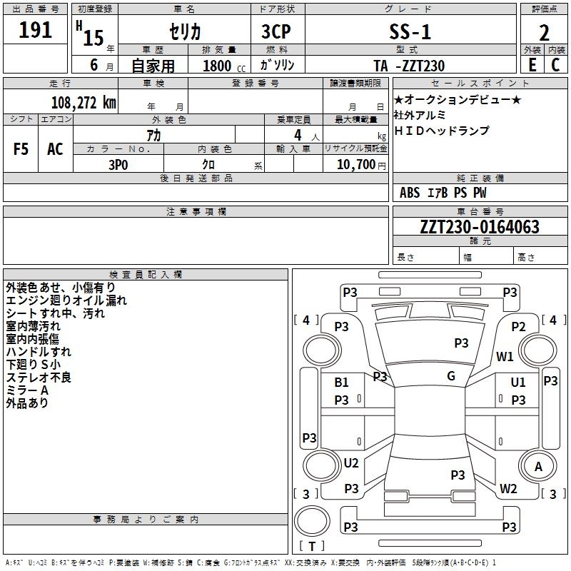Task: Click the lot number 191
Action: click(x=35, y=30)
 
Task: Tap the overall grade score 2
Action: click(x=544, y=33)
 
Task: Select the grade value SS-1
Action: click(x=410, y=31)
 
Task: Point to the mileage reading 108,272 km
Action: click(x=84, y=103)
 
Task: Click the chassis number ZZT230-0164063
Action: click(x=480, y=227)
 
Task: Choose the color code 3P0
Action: click(x=118, y=165)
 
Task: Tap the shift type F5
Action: click(x=21, y=149)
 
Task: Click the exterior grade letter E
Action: click(x=532, y=65)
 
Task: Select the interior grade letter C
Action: click(x=555, y=65)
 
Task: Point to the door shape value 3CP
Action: click(x=276, y=31)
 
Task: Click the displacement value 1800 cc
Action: click(x=224, y=66)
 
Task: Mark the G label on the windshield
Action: click(x=451, y=376)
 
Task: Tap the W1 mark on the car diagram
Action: click(x=505, y=356)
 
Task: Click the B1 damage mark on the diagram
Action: click(x=341, y=383)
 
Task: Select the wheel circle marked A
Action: click(x=537, y=466)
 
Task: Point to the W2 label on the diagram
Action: click(x=508, y=488)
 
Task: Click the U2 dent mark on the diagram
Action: click(x=351, y=463)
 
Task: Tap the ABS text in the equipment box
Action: click(x=410, y=193)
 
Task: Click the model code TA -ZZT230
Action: click(x=409, y=66)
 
